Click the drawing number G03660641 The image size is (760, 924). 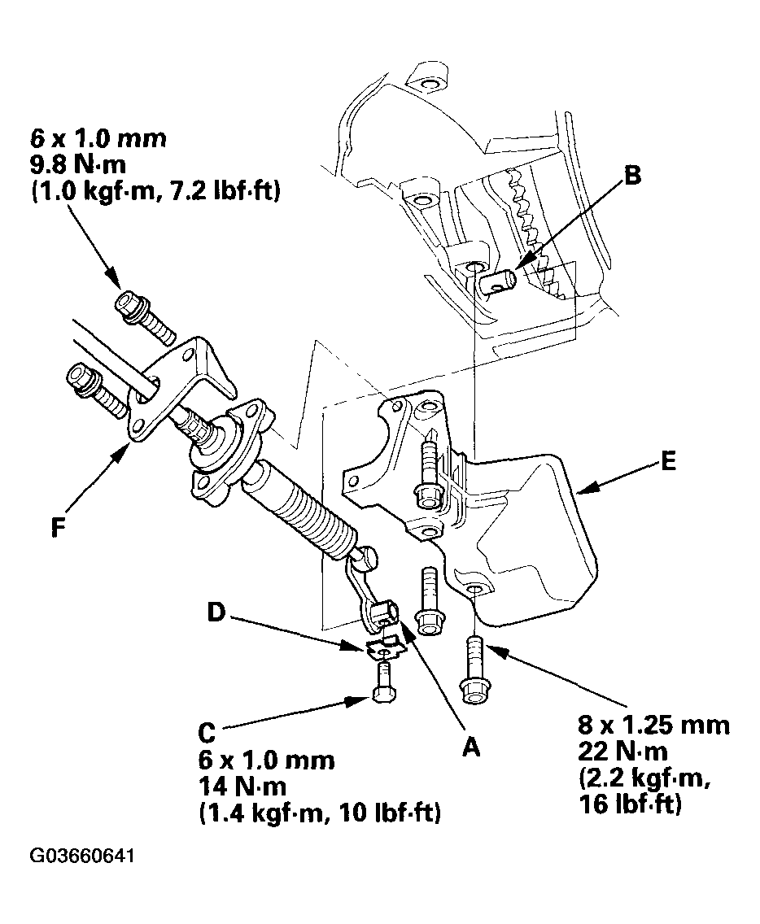point(83,856)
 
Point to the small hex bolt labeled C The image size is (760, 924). point(383,682)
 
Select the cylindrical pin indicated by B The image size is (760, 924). point(497,281)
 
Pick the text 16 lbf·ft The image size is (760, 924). point(630,805)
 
